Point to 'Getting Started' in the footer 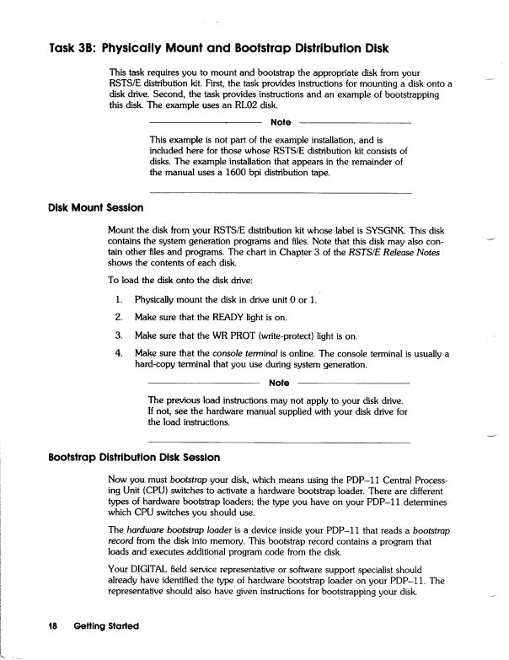(x=105, y=627)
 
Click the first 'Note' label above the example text (x=281, y=123)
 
